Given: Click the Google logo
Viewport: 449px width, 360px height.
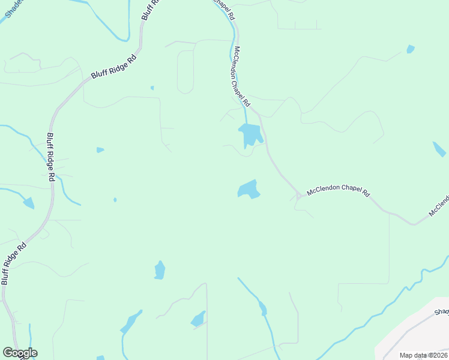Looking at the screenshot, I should click(x=20, y=353).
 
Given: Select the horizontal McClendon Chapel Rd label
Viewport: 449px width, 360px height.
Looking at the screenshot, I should click(x=339, y=193).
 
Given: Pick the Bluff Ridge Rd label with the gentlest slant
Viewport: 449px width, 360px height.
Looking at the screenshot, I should click(x=114, y=66).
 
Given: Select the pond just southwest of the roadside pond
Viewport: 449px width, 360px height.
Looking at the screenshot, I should click(x=249, y=190).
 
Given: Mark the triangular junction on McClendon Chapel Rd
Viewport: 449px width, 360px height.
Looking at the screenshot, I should click(x=298, y=196).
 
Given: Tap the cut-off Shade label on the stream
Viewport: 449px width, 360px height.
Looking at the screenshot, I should click(x=11, y=10).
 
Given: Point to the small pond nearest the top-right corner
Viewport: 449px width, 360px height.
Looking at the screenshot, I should click(x=410, y=49).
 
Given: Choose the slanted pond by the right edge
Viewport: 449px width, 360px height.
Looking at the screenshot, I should click(x=439, y=149).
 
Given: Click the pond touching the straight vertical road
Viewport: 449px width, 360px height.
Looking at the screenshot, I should click(x=199, y=319).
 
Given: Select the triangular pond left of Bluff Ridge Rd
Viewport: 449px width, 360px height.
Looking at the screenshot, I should click(x=28, y=203).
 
